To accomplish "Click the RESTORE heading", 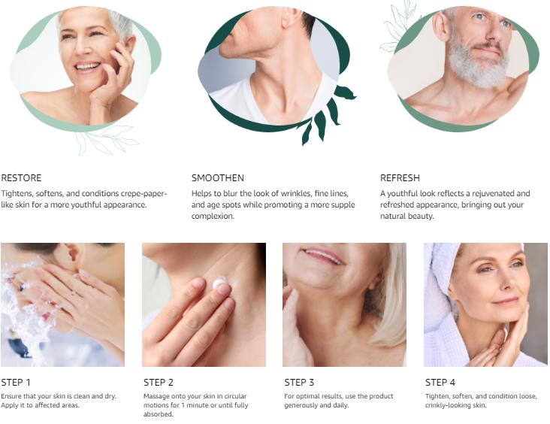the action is pyautogui.click(x=21, y=178).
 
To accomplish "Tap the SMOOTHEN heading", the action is pyautogui.click(x=218, y=178).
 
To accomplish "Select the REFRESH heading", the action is pyautogui.click(x=400, y=178).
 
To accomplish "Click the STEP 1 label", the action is pyautogui.click(x=16, y=382).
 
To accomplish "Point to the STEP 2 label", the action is pyautogui.click(x=159, y=382).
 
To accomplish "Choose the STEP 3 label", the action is pyautogui.click(x=299, y=382).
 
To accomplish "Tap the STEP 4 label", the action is pyautogui.click(x=440, y=382).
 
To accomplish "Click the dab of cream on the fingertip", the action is pyautogui.click(x=220, y=283).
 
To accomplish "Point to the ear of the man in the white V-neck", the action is pyautogui.click(x=292, y=17).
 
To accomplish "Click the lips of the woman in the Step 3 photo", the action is pyautogui.click(x=322, y=256).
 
